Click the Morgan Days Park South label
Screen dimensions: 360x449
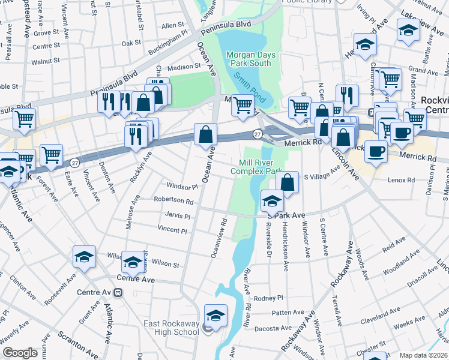(251, 59)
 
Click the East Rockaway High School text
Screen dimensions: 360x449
(171, 328)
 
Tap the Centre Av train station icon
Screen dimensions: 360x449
(119, 292)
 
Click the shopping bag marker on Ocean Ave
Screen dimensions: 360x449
(205, 135)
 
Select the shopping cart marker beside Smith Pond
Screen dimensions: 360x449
(243, 106)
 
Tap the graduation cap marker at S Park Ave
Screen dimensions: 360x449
(272, 200)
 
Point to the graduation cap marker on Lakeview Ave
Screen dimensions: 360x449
(408, 30)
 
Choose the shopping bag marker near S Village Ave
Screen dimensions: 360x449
(288, 182)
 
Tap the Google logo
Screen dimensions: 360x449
(19, 353)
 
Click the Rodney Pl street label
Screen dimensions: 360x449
(268, 298)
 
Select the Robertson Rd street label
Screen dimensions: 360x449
(173, 202)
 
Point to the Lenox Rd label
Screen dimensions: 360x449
(402, 179)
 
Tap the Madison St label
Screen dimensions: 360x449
(183, 67)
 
